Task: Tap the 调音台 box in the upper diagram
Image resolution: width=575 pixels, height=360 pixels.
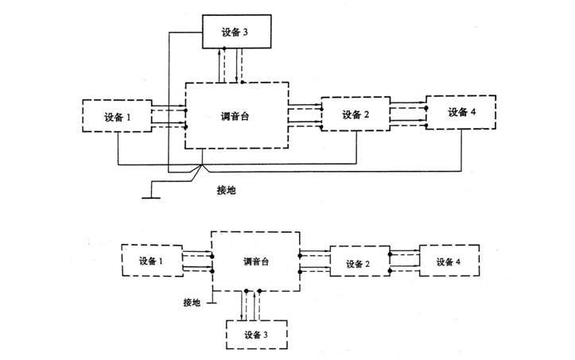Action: click(235, 114)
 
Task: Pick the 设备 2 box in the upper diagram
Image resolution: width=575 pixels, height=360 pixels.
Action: click(355, 114)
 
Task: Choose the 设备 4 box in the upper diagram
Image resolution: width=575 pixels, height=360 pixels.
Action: click(460, 111)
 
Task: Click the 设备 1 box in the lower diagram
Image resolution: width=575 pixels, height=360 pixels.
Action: click(152, 261)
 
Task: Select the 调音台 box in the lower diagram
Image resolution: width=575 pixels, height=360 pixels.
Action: click(255, 261)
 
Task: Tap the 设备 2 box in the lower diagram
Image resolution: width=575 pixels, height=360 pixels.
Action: click(359, 262)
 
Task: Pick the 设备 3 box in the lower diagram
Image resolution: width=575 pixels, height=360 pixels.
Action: click(255, 335)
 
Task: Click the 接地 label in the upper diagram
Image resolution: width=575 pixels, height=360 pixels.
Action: click(227, 191)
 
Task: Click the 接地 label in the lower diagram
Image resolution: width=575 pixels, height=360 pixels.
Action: click(192, 302)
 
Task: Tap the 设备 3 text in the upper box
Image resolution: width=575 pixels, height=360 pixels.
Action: click(237, 31)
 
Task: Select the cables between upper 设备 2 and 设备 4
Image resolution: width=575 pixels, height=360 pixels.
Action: click(407, 113)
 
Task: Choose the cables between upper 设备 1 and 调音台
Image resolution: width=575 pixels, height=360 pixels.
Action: click(168, 118)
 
